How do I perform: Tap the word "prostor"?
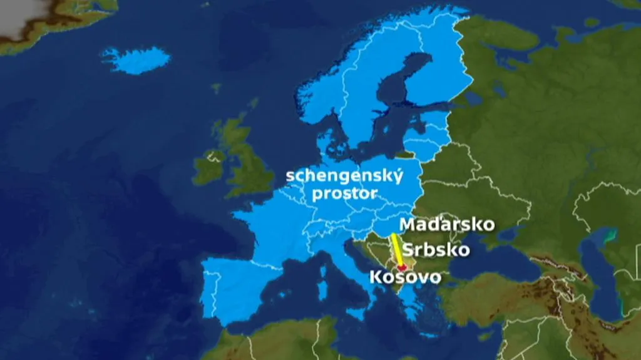[344, 193]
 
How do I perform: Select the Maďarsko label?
[447, 224]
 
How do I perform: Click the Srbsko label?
[436, 250]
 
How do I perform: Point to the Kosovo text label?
[405, 277]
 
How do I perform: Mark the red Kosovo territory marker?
[401, 268]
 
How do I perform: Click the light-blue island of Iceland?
[136, 60]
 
